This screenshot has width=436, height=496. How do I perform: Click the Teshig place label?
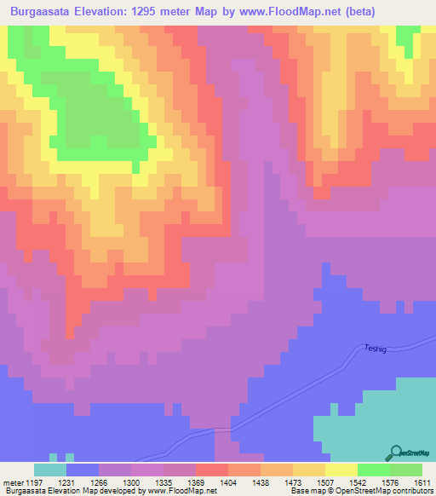point(376,348)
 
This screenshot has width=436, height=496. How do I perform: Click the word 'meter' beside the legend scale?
point(12,482)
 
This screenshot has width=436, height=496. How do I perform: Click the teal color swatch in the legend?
point(50,470)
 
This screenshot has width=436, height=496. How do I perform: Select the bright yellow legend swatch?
point(341,470)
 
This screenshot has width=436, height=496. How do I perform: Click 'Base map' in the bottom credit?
point(306,491)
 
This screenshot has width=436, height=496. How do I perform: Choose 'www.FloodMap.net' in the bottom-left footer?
point(177,491)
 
